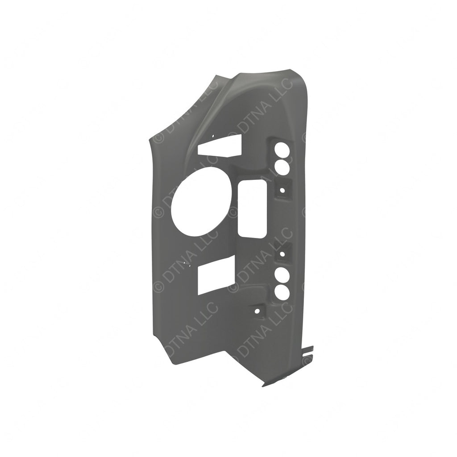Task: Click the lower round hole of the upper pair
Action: click(x=282, y=167)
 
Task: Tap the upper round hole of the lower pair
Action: click(x=282, y=274)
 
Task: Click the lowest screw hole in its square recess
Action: click(x=258, y=309)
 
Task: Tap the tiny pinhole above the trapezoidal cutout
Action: click(x=213, y=137)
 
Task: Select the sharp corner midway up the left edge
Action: click(x=148, y=142)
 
